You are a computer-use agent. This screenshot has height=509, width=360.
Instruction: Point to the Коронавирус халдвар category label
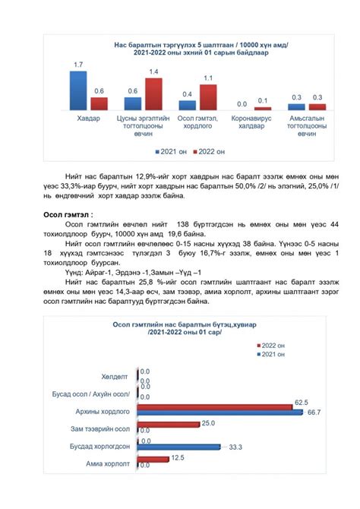tap(252, 122)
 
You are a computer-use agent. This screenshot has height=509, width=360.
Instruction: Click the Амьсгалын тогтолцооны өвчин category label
tap(308, 126)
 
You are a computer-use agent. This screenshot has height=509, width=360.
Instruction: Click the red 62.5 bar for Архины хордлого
tap(216, 407)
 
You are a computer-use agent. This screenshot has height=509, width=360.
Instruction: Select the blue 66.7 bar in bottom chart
tap(220, 412)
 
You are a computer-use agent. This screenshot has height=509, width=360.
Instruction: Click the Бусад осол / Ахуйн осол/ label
tap(93, 393)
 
